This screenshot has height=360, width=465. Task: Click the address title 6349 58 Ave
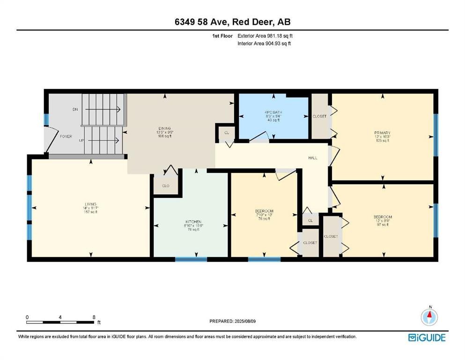tap(232, 22)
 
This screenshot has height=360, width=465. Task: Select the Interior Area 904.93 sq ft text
tap(265, 44)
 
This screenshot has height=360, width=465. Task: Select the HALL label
tap(312, 158)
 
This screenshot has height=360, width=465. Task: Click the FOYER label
tap(65, 137)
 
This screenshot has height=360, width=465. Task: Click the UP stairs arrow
tap(103, 140)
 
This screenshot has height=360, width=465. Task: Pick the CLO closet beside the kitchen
tap(165, 186)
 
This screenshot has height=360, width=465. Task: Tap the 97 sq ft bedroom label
tap(382, 221)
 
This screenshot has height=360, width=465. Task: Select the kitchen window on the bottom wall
tap(191, 259)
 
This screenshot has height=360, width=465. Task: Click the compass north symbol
tap(429, 317)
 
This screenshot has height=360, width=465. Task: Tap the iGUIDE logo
tap(427, 337)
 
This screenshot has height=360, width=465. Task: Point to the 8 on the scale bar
tap(94, 317)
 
